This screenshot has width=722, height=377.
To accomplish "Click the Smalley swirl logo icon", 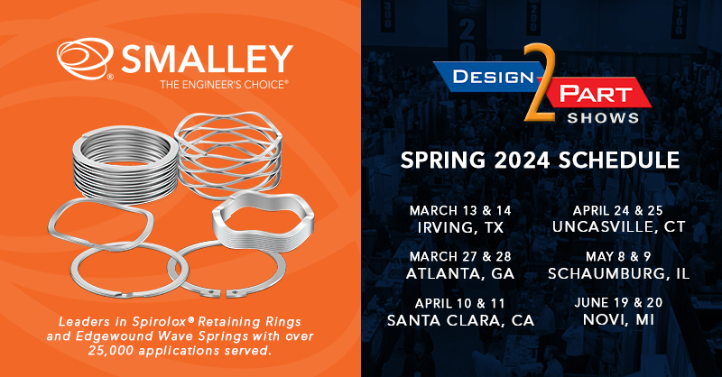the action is click(85, 59).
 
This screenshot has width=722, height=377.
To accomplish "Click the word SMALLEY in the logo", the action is click(208, 59).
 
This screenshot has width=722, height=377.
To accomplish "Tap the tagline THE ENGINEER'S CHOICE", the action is click(224, 85).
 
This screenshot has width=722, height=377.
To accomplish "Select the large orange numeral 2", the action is click(540, 83).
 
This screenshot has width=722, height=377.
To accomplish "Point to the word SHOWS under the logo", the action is click(603, 118).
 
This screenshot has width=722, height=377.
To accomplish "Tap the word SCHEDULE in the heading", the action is click(619, 161).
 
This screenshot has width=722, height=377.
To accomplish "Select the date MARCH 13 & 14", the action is click(460, 211).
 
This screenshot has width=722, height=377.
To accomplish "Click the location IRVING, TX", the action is click(460, 227).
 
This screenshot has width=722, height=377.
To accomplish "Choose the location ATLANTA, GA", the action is click(460, 273).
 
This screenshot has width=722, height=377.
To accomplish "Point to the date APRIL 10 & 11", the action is click(460, 303).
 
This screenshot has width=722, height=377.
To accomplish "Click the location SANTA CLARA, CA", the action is click(460, 320).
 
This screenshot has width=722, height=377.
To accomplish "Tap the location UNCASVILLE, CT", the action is click(619, 227).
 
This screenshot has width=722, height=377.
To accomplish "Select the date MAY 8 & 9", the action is click(618, 256).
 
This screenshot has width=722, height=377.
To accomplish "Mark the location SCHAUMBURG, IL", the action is click(619, 273).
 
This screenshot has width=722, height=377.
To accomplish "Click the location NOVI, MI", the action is click(618, 319).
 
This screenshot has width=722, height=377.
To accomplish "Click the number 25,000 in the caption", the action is click(112, 351).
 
